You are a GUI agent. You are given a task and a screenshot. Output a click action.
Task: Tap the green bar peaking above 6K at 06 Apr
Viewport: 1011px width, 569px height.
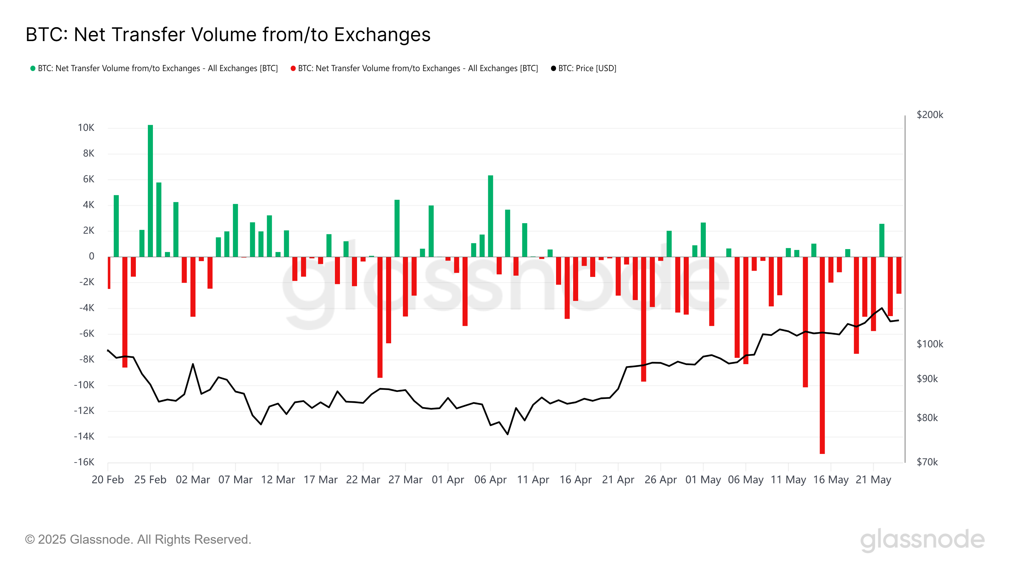(490, 216)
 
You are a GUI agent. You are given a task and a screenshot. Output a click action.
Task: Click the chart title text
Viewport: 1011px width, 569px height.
(228, 34)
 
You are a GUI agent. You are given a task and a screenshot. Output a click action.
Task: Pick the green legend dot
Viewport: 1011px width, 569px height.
(33, 68)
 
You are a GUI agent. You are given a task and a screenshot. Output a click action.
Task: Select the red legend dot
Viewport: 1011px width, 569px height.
(293, 68)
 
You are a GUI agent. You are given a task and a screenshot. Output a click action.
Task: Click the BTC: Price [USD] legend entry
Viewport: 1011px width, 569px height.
(584, 68)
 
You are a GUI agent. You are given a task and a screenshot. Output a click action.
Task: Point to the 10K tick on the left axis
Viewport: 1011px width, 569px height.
(86, 128)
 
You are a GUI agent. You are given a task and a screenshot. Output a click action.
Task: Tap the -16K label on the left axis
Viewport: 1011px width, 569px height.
(84, 462)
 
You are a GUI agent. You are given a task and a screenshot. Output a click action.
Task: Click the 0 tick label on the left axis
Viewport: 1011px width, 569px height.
(91, 256)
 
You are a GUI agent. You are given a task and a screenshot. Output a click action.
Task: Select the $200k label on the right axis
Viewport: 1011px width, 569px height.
(929, 115)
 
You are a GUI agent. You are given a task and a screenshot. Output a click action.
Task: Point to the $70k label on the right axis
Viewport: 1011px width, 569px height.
(927, 462)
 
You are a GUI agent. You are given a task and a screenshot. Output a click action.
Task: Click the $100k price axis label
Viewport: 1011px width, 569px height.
(929, 344)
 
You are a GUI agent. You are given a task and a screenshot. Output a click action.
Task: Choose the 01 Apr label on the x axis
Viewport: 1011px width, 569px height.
(448, 480)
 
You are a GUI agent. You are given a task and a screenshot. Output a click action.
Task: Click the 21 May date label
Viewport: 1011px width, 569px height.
(873, 480)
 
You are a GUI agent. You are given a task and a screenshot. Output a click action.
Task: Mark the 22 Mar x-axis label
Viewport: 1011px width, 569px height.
(363, 480)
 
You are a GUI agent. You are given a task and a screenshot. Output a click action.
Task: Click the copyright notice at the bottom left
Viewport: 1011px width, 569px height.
(138, 539)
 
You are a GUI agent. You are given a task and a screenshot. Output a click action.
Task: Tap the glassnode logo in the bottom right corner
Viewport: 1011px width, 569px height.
(922, 539)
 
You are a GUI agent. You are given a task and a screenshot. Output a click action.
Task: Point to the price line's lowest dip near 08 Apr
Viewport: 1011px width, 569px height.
(507, 434)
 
